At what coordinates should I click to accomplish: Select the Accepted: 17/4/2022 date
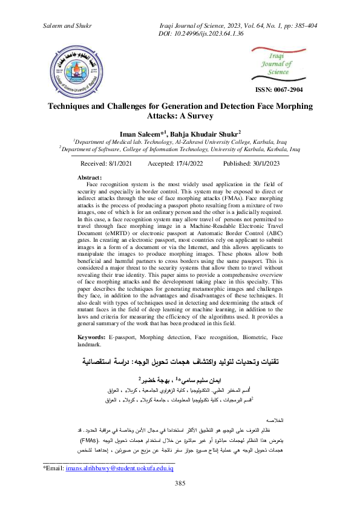point(176,163)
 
